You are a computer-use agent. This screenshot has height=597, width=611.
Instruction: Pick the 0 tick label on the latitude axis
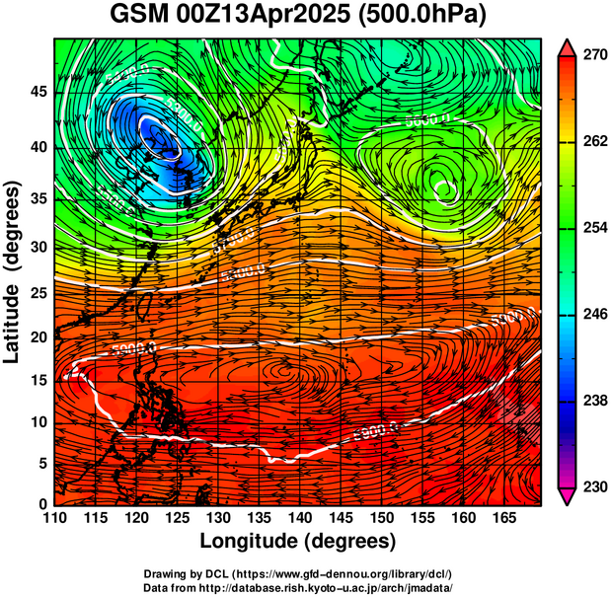coord(40,504)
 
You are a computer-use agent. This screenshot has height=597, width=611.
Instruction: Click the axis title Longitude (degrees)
coord(298,541)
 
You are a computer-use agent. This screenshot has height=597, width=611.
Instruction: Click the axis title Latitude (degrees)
coord(13,270)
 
